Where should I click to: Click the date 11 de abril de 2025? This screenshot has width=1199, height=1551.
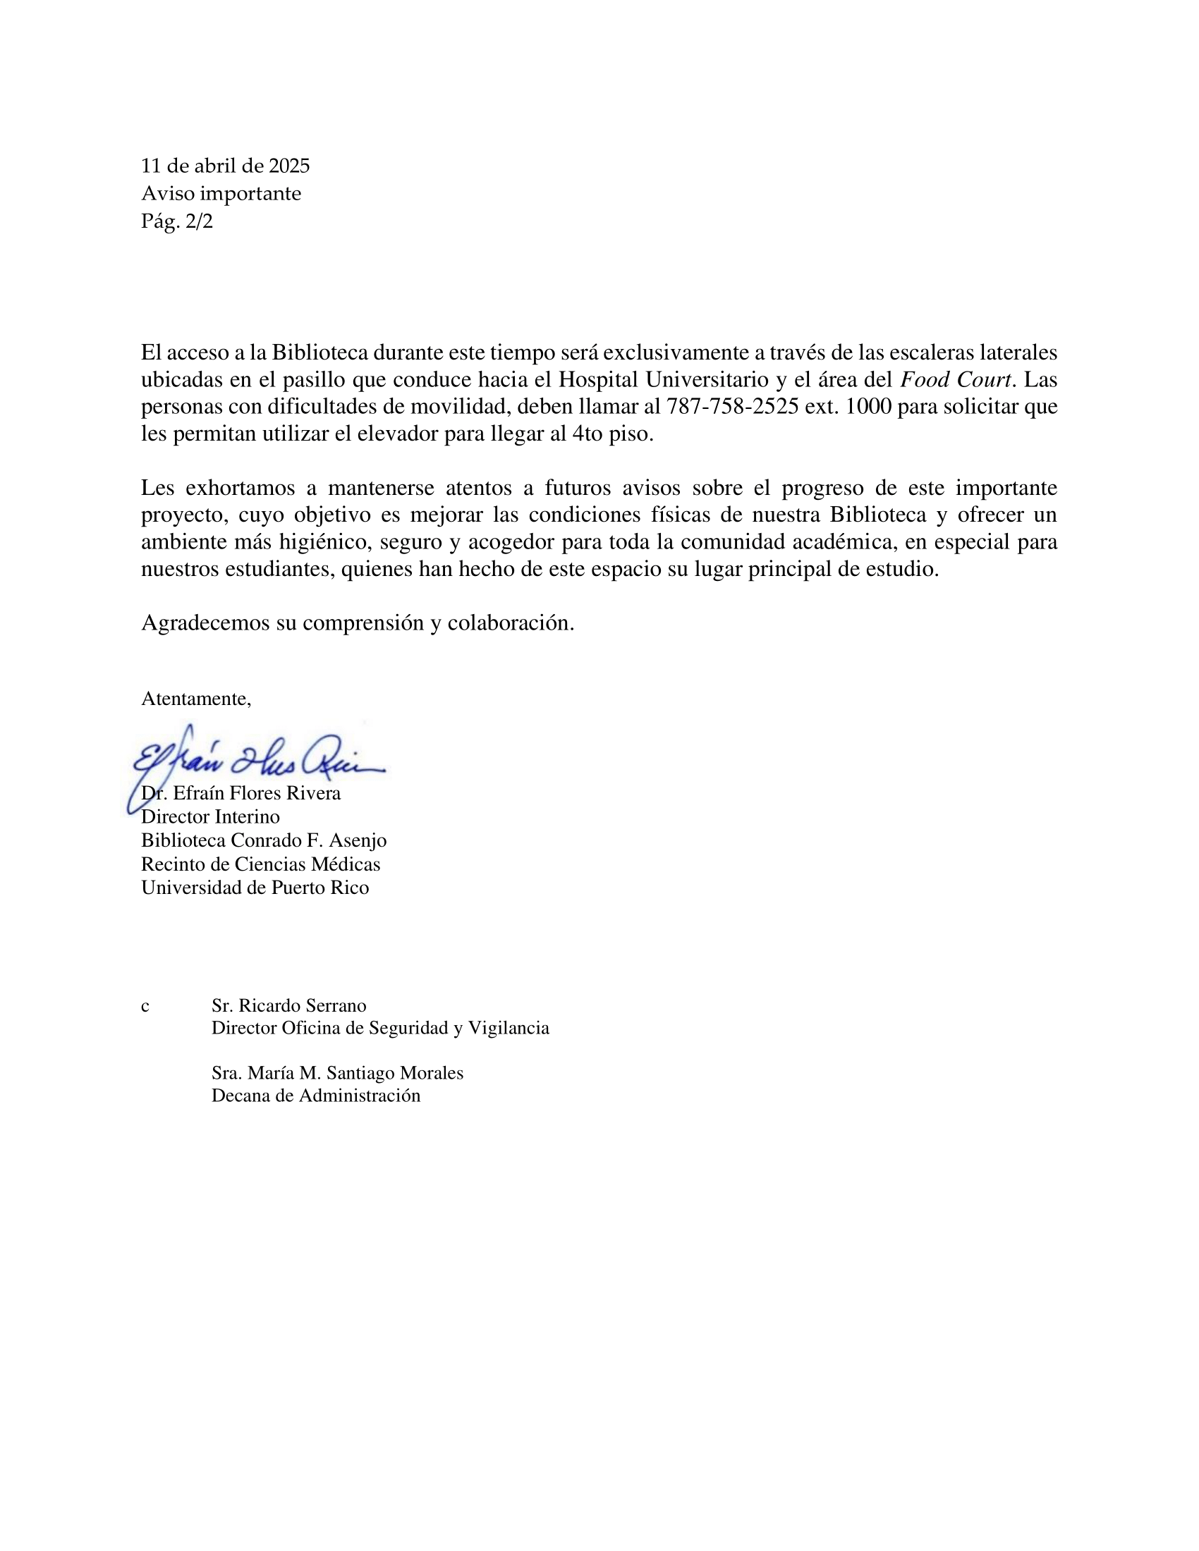tap(225, 166)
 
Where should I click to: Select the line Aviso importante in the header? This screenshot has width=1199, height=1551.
tap(221, 194)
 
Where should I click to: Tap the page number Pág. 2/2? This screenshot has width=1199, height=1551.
tap(177, 221)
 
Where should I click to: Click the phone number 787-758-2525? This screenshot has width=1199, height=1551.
tap(731, 406)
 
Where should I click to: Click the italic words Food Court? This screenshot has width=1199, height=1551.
tap(956, 379)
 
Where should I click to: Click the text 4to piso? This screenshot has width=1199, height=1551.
tap(611, 433)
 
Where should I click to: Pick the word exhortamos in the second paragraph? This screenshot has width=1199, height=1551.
tap(239, 488)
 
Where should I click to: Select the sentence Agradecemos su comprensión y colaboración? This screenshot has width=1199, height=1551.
tap(358, 623)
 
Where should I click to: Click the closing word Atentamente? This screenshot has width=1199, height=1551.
tap(196, 699)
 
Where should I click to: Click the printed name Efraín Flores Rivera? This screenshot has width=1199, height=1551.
tap(257, 793)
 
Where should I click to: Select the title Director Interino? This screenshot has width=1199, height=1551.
tap(210, 816)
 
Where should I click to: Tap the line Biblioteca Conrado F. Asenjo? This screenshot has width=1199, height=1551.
tap(264, 840)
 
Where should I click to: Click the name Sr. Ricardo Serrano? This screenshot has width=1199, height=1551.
tap(288, 1005)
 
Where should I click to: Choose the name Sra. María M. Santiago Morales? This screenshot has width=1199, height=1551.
tap(337, 1073)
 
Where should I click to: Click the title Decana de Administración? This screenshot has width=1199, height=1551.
tap(315, 1096)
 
